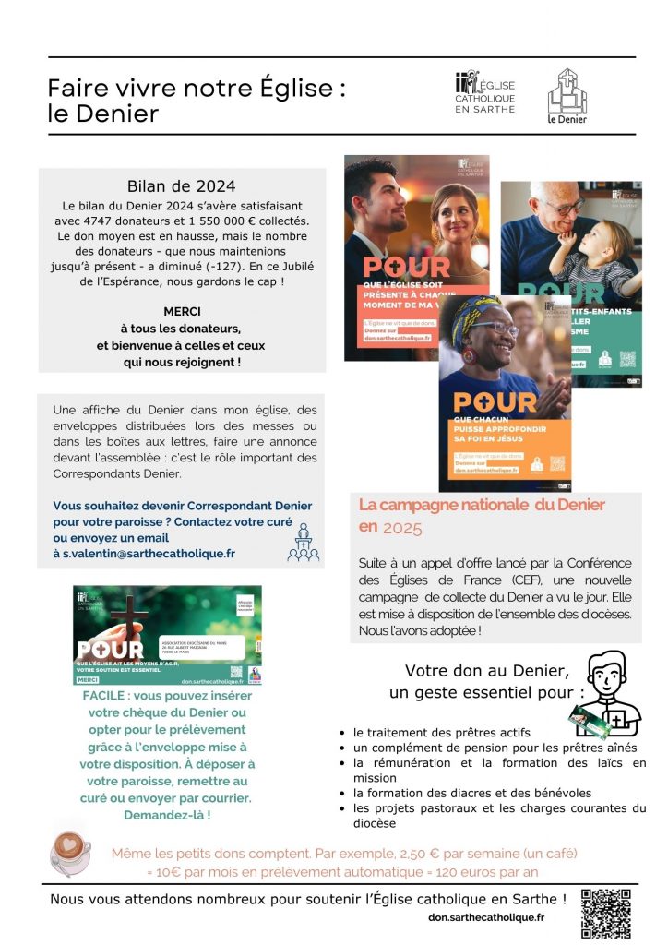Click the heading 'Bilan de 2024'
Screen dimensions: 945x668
click(x=181, y=186)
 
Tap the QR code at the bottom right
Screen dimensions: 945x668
click(x=606, y=913)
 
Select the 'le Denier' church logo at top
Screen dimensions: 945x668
click(x=567, y=96)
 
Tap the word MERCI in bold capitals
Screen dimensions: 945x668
click(x=181, y=312)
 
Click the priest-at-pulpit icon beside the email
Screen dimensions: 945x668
click(x=304, y=543)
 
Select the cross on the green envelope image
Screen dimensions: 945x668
click(x=130, y=614)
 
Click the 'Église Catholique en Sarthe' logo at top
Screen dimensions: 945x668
click(x=486, y=93)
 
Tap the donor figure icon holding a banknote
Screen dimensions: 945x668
click(x=605, y=692)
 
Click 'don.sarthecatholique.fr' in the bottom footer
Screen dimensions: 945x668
click(x=486, y=917)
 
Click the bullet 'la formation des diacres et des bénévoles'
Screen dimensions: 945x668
click(x=471, y=793)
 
